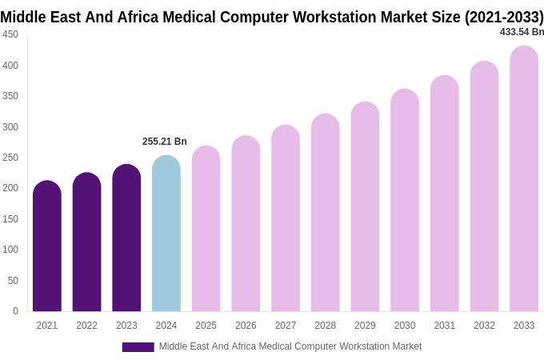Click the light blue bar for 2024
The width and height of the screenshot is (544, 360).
coord(166,234)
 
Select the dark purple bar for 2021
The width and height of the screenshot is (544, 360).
coord(47,246)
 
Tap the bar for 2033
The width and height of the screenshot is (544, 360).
coord(524,179)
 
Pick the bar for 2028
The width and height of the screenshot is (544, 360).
coord(326,213)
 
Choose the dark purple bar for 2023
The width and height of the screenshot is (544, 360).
coord(126,238)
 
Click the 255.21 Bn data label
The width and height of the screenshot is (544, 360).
coord(165,142)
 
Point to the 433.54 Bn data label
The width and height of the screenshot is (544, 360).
coord(522,32)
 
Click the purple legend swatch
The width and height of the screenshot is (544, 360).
coord(138,347)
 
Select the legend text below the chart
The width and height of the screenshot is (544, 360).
coord(290,346)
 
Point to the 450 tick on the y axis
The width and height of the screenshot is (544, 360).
coord(10,34)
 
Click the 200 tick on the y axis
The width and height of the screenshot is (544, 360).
coord(10,188)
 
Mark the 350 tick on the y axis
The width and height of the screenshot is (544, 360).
coord(10,96)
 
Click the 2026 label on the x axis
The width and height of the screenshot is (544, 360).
coord(246,326)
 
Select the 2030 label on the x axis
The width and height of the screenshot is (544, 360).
coord(405,326)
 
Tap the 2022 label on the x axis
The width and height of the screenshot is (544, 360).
coord(86,326)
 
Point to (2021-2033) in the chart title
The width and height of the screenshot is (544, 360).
coord(504,17)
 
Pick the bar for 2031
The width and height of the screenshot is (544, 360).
coord(445,194)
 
